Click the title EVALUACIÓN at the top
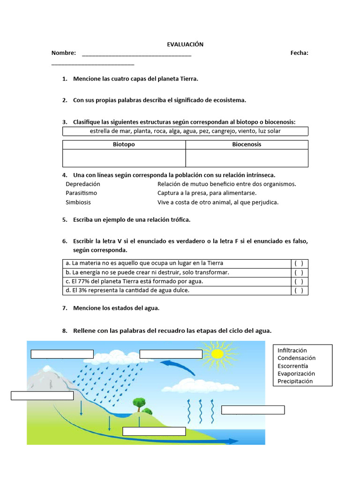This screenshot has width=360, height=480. pyautogui.click(x=185, y=44)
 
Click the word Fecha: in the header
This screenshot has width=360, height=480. pyautogui.click(x=299, y=53)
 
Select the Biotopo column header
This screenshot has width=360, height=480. pyautogui.click(x=124, y=144)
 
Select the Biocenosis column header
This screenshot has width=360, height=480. pyautogui.click(x=247, y=144)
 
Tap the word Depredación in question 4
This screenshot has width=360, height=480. pyautogui.click(x=83, y=184)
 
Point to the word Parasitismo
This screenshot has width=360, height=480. pyautogui.click(x=82, y=193)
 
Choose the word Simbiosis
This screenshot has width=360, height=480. pyautogui.click(x=78, y=202)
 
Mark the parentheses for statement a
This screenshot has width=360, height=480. pyautogui.click(x=299, y=263)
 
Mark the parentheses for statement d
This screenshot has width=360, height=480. pyautogui.click(x=299, y=290)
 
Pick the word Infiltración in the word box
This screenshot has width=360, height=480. pyautogui.click(x=292, y=350)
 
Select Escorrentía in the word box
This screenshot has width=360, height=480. pyautogui.click(x=293, y=366)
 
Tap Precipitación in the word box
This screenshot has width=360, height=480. pyautogui.click(x=295, y=381)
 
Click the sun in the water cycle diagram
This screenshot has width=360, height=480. pyautogui.click(x=217, y=353)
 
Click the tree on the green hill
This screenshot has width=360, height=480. pyautogui.click(x=139, y=403)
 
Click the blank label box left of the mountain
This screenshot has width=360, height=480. pyautogui.click(x=42, y=396)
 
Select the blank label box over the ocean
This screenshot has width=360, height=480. pyautogui.click(x=253, y=410)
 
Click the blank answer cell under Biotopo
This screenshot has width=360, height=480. pyautogui.click(x=124, y=158)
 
